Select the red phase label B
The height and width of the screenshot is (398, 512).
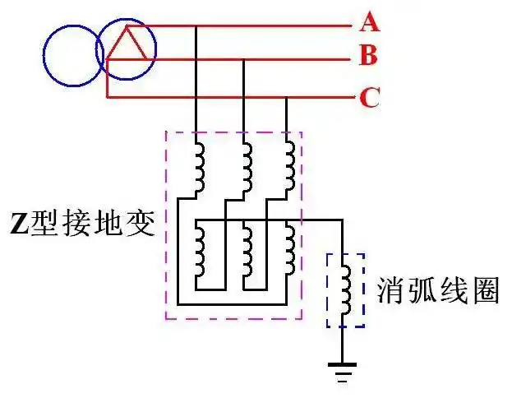tap(369, 57)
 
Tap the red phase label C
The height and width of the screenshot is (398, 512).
tap(369, 99)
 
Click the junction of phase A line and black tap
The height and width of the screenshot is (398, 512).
tap(196, 26)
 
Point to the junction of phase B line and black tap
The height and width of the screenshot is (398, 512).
tap(243, 59)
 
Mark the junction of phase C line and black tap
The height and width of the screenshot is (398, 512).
tap(286, 98)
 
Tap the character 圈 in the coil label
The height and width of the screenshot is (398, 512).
tap(487, 290)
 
